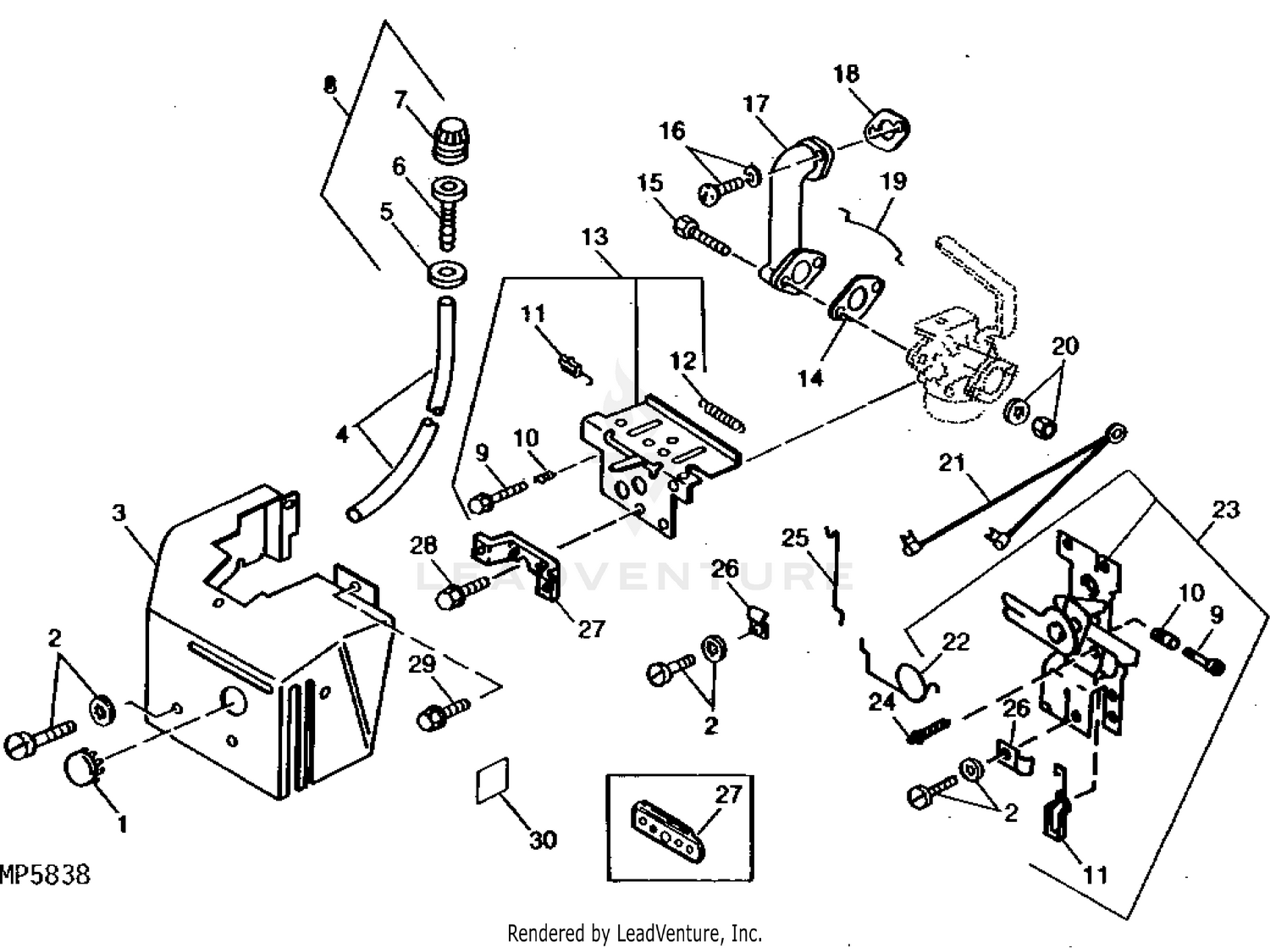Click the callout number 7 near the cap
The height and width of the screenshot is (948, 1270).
[x=400, y=100]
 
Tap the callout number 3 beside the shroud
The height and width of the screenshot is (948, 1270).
[x=119, y=513]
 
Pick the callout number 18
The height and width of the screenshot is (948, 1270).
[x=846, y=74]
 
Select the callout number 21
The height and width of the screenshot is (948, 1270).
[x=952, y=463]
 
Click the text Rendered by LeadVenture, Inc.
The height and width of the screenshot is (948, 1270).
[x=634, y=934]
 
